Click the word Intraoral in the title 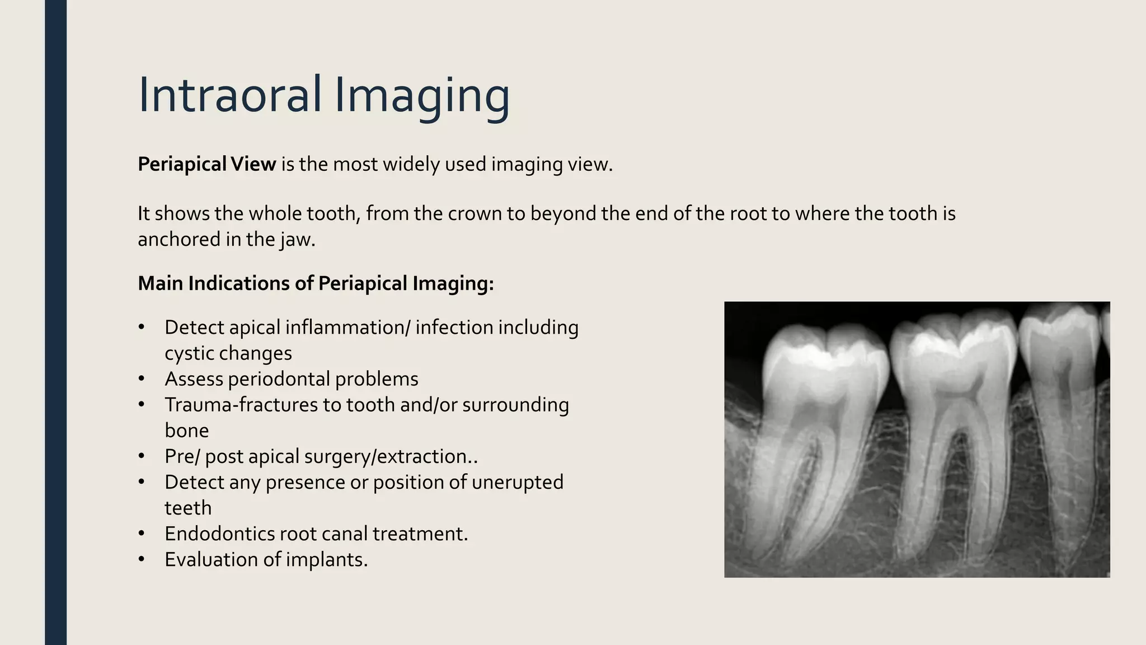click(229, 95)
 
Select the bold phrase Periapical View click(206, 165)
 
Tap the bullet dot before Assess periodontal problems click(142, 380)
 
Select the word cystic click(189, 353)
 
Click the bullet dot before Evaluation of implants click(142, 560)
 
